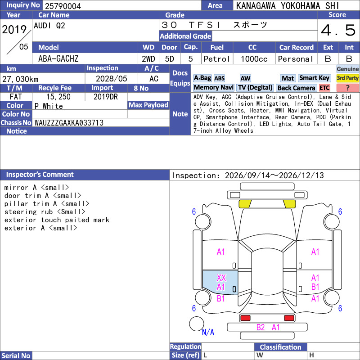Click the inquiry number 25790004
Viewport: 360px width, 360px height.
pos(63,6)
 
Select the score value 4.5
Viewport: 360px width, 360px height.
pos(338,30)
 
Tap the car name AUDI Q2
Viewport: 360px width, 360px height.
pos(49,26)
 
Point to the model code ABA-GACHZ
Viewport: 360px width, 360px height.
pos(58,59)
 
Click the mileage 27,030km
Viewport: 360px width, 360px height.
pos(20,79)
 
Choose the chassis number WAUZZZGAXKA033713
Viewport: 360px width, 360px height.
pos(69,123)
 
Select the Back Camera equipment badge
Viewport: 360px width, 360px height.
pos(296,88)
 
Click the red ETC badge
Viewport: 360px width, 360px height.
pos(324,88)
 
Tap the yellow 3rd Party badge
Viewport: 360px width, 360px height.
pos(347,78)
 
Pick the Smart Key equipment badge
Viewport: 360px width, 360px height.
pos(314,78)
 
